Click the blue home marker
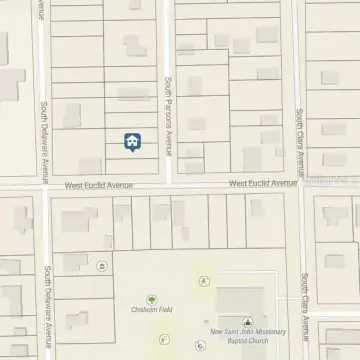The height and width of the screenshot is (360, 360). pos(131,142)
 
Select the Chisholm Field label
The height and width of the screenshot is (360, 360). pos(152,310)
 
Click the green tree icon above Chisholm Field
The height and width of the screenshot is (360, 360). pos(152,299)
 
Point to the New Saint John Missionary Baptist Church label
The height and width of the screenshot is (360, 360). pos(245,336)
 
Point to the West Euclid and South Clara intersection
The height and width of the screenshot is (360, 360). pos(301,184)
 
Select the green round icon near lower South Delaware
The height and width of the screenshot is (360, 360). pos(102,266)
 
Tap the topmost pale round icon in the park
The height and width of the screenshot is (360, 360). pos(205,282)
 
